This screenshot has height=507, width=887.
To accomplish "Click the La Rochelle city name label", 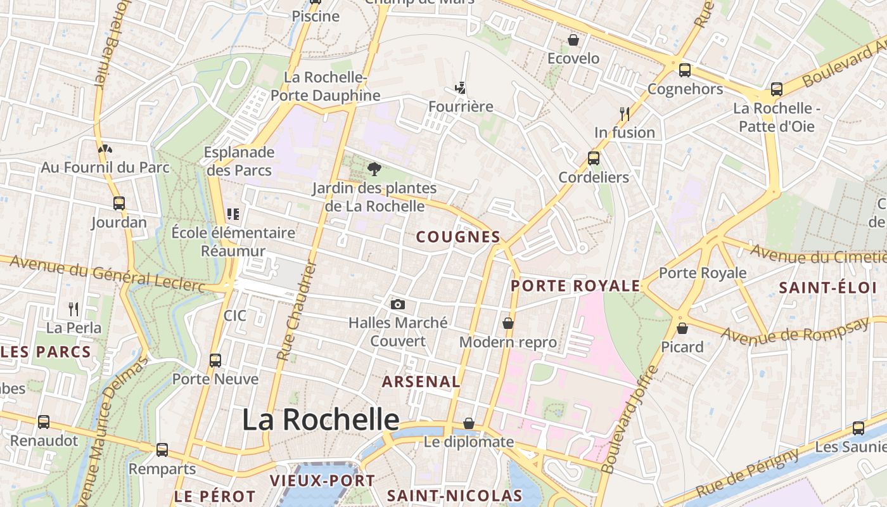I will click(321, 420).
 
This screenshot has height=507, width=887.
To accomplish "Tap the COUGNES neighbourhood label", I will click(458, 237).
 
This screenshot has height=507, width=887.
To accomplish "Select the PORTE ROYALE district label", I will click(575, 286).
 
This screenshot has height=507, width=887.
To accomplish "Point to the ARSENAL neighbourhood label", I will click(421, 382).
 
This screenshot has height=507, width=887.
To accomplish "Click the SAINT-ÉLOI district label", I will click(827, 288).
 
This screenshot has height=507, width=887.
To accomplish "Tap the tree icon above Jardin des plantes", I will click(374, 169).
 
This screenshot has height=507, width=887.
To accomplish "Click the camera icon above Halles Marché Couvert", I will click(398, 304).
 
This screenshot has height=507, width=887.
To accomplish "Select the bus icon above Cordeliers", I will click(594, 158).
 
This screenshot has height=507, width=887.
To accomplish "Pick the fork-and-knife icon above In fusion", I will click(625, 113).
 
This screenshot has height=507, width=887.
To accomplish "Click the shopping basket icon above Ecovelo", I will click(573, 40).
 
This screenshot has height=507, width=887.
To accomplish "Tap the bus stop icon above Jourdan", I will click(119, 203).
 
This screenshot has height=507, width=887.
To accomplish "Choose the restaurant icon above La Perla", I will click(73, 309).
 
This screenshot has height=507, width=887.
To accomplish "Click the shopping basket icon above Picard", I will click(682, 328).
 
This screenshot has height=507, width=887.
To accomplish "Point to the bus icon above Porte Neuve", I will click(215, 361).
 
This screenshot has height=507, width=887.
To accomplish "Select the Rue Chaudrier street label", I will click(297, 311).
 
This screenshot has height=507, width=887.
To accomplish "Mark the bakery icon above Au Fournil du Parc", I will click(105, 150).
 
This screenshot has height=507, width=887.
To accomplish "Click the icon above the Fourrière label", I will click(461, 87).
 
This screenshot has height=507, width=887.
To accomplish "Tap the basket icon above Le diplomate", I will click(469, 423).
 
